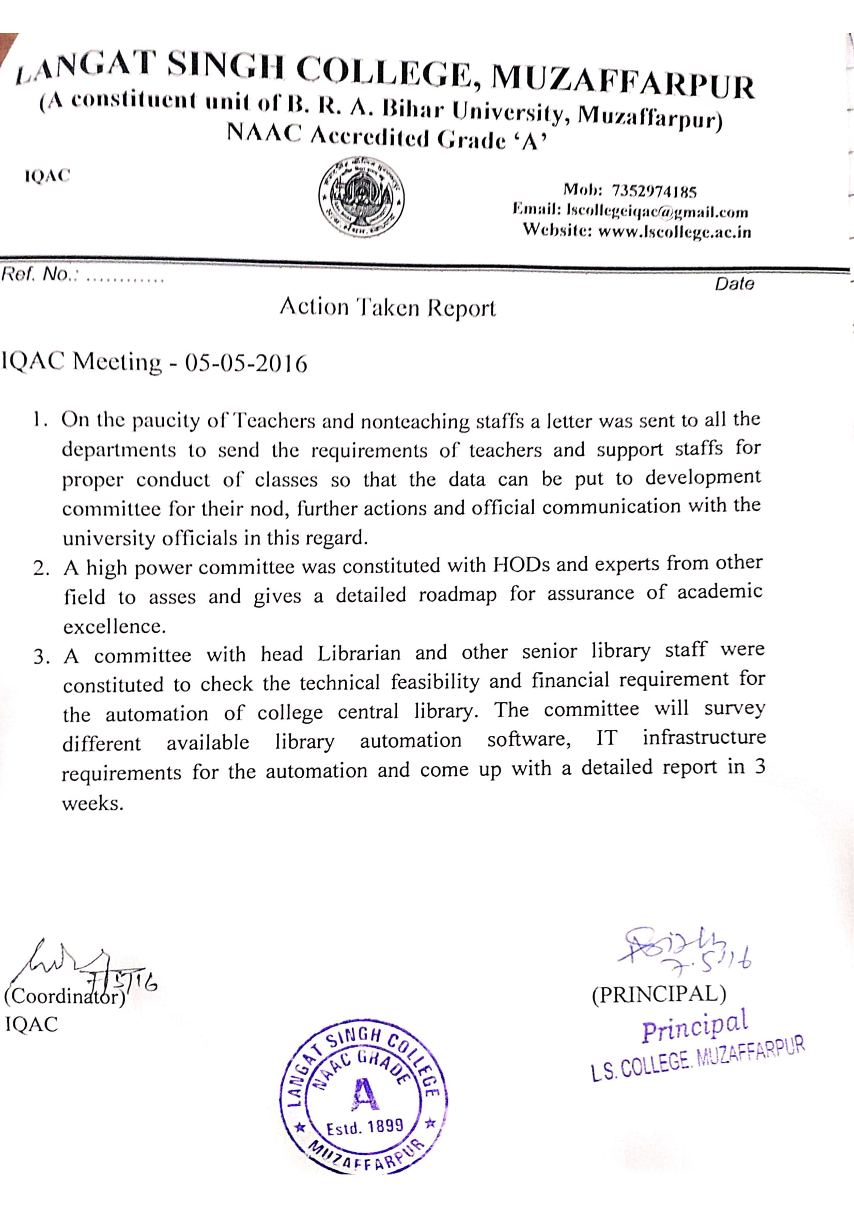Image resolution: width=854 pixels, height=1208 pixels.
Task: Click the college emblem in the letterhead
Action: click(x=362, y=196)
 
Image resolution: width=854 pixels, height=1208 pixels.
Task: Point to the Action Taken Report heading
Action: click(x=387, y=307)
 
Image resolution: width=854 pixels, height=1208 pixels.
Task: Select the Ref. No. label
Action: click(x=36, y=274)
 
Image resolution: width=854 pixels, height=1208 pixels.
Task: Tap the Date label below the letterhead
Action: click(x=734, y=284)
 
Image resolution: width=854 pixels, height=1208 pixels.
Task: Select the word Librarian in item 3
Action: click(x=359, y=654)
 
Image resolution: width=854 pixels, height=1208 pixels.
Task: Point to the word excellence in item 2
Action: click(x=114, y=626)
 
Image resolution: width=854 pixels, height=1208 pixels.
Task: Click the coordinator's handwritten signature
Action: click(x=79, y=965)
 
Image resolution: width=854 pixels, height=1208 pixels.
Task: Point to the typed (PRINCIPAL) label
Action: click(x=658, y=994)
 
